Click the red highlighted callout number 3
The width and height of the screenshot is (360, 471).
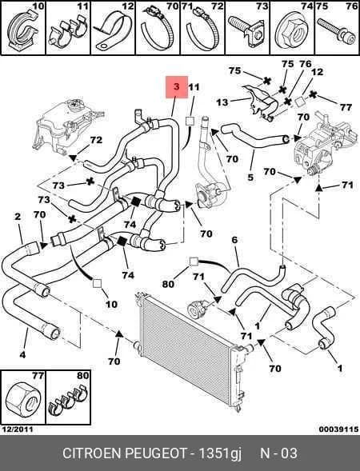(x=177, y=86)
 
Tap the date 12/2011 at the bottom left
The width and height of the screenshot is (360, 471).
(x=18, y=429)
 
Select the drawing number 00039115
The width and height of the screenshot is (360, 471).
(x=338, y=429)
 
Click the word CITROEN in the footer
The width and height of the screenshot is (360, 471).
(x=92, y=453)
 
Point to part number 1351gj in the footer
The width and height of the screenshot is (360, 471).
(x=221, y=454)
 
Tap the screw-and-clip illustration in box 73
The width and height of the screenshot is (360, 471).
(x=247, y=31)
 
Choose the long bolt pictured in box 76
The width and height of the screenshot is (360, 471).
(x=336, y=33)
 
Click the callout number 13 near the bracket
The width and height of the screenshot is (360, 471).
(x=222, y=102)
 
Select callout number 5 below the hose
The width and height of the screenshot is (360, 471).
(x=250, y=178)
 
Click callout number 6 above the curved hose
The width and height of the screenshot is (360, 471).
(x=234, y=240)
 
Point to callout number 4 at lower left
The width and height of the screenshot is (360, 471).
(x=23, y=355)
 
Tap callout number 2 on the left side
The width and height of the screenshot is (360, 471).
(x=18, y=217)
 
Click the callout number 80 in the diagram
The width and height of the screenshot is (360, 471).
(x=168, y=284)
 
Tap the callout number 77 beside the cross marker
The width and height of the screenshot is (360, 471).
(x=346, y=107)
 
